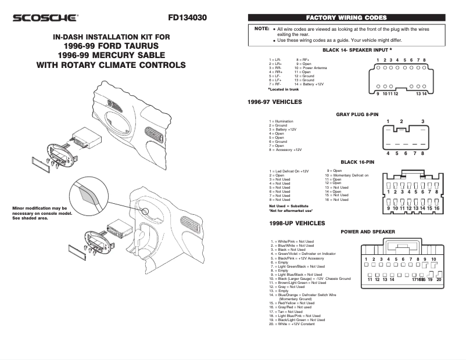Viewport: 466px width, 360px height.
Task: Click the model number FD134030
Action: point(187,17)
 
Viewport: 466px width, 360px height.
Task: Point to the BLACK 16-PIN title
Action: point(357,162)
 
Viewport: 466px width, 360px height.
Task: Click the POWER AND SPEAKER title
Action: point(367,232)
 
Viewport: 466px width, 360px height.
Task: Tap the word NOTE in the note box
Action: point(261,28)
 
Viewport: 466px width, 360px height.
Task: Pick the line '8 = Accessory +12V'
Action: point(285,150)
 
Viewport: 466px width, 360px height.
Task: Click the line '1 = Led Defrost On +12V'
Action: point(289,171)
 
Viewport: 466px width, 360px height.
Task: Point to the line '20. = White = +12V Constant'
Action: point(292,323)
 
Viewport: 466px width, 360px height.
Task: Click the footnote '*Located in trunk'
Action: point(283,89)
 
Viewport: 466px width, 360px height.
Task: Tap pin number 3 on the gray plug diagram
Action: point(422,121)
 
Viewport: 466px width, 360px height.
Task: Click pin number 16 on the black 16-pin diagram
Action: point(437,208)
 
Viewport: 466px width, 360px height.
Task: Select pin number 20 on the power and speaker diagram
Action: point(439,279)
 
